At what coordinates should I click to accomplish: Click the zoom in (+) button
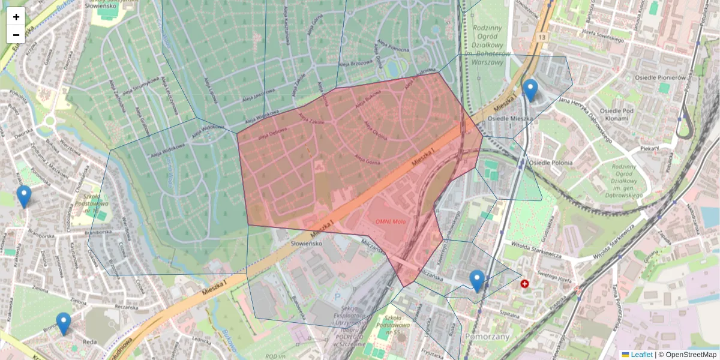pyautogui.click(x=16, y=17)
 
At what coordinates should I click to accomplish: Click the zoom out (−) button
pyautogui.click(x=16, y=35)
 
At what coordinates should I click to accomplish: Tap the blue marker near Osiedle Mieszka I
pyautogui.click(x=530, y=91)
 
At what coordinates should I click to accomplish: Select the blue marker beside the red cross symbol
pyautogui.click(x=477, y=281)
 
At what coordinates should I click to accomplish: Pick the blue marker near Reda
pyautogui.click(x=63, y=323)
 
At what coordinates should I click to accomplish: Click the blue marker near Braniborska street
pyautogui.click(x=24, y=196)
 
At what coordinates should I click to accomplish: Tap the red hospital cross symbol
pyautogui.click(x=525, y=283)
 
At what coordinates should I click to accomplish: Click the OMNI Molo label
pyautogui.click(x=391, y=221)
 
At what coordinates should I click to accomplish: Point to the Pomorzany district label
pyautogui.click(x=487, y=337)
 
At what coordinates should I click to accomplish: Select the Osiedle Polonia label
pyautogui.click(x=551, y=163)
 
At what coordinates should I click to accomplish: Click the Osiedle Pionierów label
pyautogui.click(x=660, y=77)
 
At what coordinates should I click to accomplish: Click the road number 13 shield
pyautogui.click(x=542, y=38)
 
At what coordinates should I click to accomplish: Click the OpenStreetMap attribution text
pyautogui.click(x=691, y=355)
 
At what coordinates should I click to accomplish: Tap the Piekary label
pyautogui.click(x=649, y=146)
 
